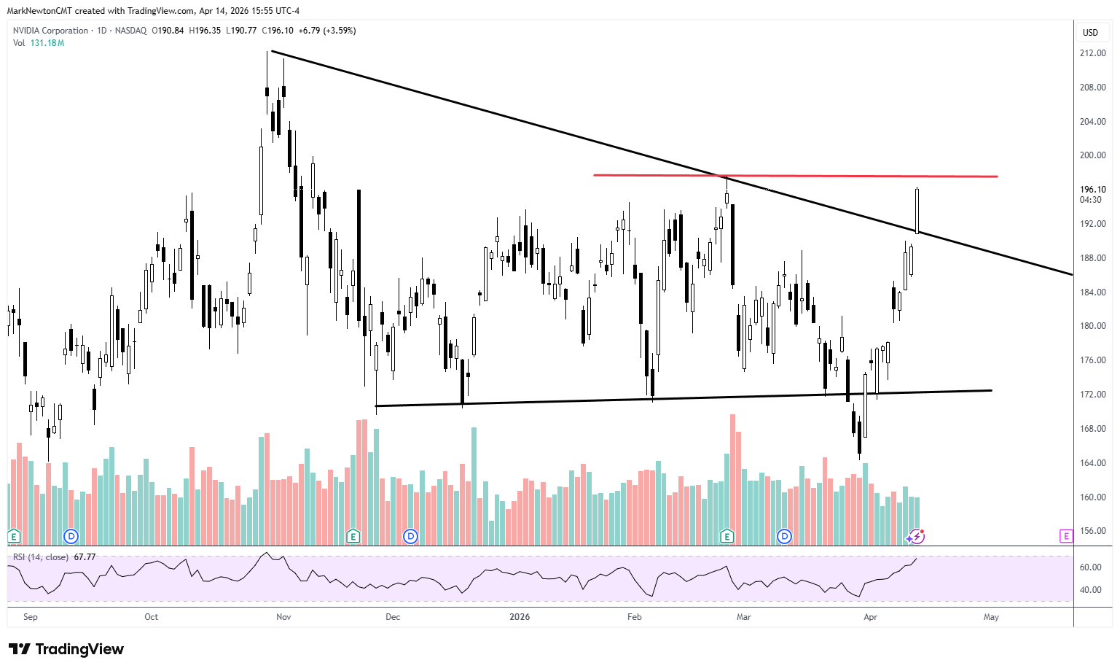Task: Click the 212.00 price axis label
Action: pos(1092,53)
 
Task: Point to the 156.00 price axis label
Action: pos(1092,531)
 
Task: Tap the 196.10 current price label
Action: pos(1092,190)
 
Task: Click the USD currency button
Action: pos(1090,32)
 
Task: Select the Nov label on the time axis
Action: pos(283,617)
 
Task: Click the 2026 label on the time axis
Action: pos(520,617)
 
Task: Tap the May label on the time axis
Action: pos(991,617)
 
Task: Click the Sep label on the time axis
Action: pos(31,617)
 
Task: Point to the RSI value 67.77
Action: pos(85,557)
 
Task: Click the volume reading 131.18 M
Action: pos(47,43)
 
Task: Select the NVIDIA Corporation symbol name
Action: pos(50,31)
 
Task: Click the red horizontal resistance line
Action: pos(802,176)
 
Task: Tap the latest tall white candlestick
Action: pos(917,211)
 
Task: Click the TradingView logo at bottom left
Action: pos(66,649)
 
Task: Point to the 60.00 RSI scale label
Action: pos(1090,567)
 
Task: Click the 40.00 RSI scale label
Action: pos(1090,590)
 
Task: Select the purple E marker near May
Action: pos(1066,536)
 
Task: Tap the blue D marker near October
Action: pos(71,536)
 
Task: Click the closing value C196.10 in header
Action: pos(278,31)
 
